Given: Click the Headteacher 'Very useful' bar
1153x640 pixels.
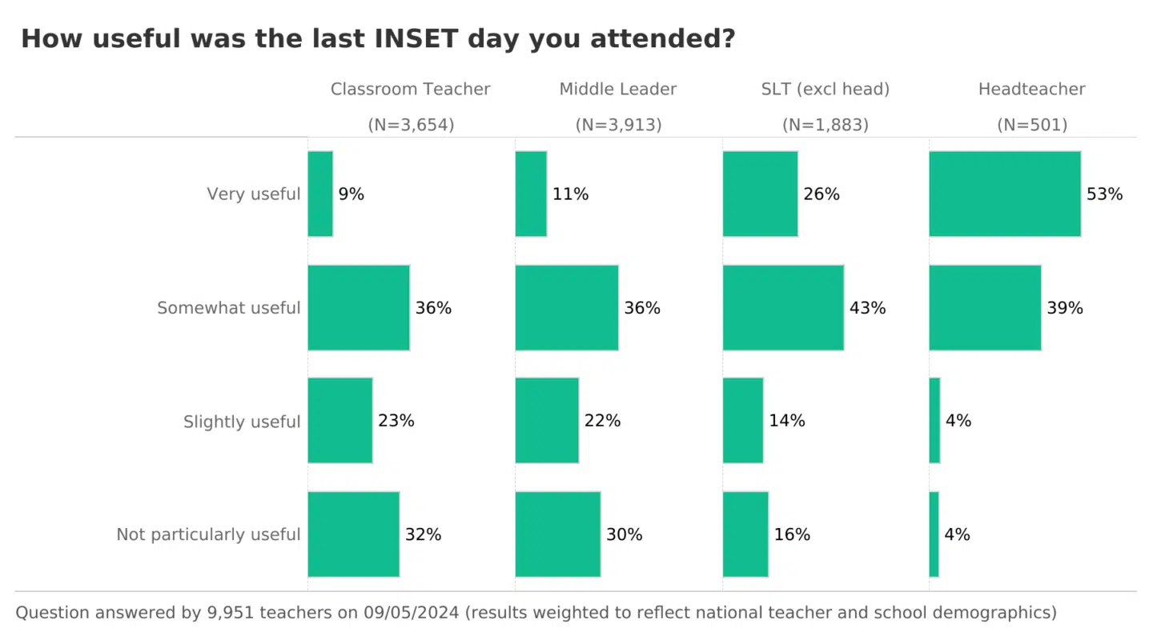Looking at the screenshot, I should [1005, 194].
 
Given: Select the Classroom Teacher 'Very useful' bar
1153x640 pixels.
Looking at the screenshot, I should [320, 194].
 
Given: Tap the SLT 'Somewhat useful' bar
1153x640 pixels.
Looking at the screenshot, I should [783, 307].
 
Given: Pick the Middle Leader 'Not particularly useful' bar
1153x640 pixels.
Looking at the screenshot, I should [558, 534].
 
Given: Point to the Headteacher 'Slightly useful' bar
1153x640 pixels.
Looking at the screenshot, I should [934, 420].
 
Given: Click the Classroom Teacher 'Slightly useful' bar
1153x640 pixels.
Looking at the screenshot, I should [340, 420].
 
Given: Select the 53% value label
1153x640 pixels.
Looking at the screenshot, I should [1104, 194].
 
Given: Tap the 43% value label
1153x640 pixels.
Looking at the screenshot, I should [867, 308].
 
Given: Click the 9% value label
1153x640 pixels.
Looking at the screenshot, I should [351, 194].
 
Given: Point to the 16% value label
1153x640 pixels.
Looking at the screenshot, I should [792, 534].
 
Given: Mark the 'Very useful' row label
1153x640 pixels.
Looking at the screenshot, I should [254, 194].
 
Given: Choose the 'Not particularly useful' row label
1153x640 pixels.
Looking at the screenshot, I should [208, 534].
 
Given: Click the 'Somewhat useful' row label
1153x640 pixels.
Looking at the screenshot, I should [229, 308].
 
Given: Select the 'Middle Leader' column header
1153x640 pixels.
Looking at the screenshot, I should [618, 90].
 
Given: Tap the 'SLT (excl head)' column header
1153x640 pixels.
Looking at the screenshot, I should [826, 90].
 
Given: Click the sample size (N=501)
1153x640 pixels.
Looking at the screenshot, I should [1032, 125].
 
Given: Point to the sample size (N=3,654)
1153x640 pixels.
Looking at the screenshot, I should [411, 125].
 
